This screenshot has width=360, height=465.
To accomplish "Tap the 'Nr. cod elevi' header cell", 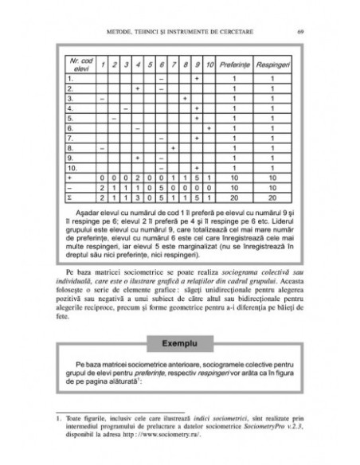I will pyautogui.click(x=79, y=63).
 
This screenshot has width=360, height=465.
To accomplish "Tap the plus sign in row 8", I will pyautogui.click(x=173, y=147).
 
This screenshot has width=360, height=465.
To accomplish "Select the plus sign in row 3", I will pyautogui.click(x=185, y=98).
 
